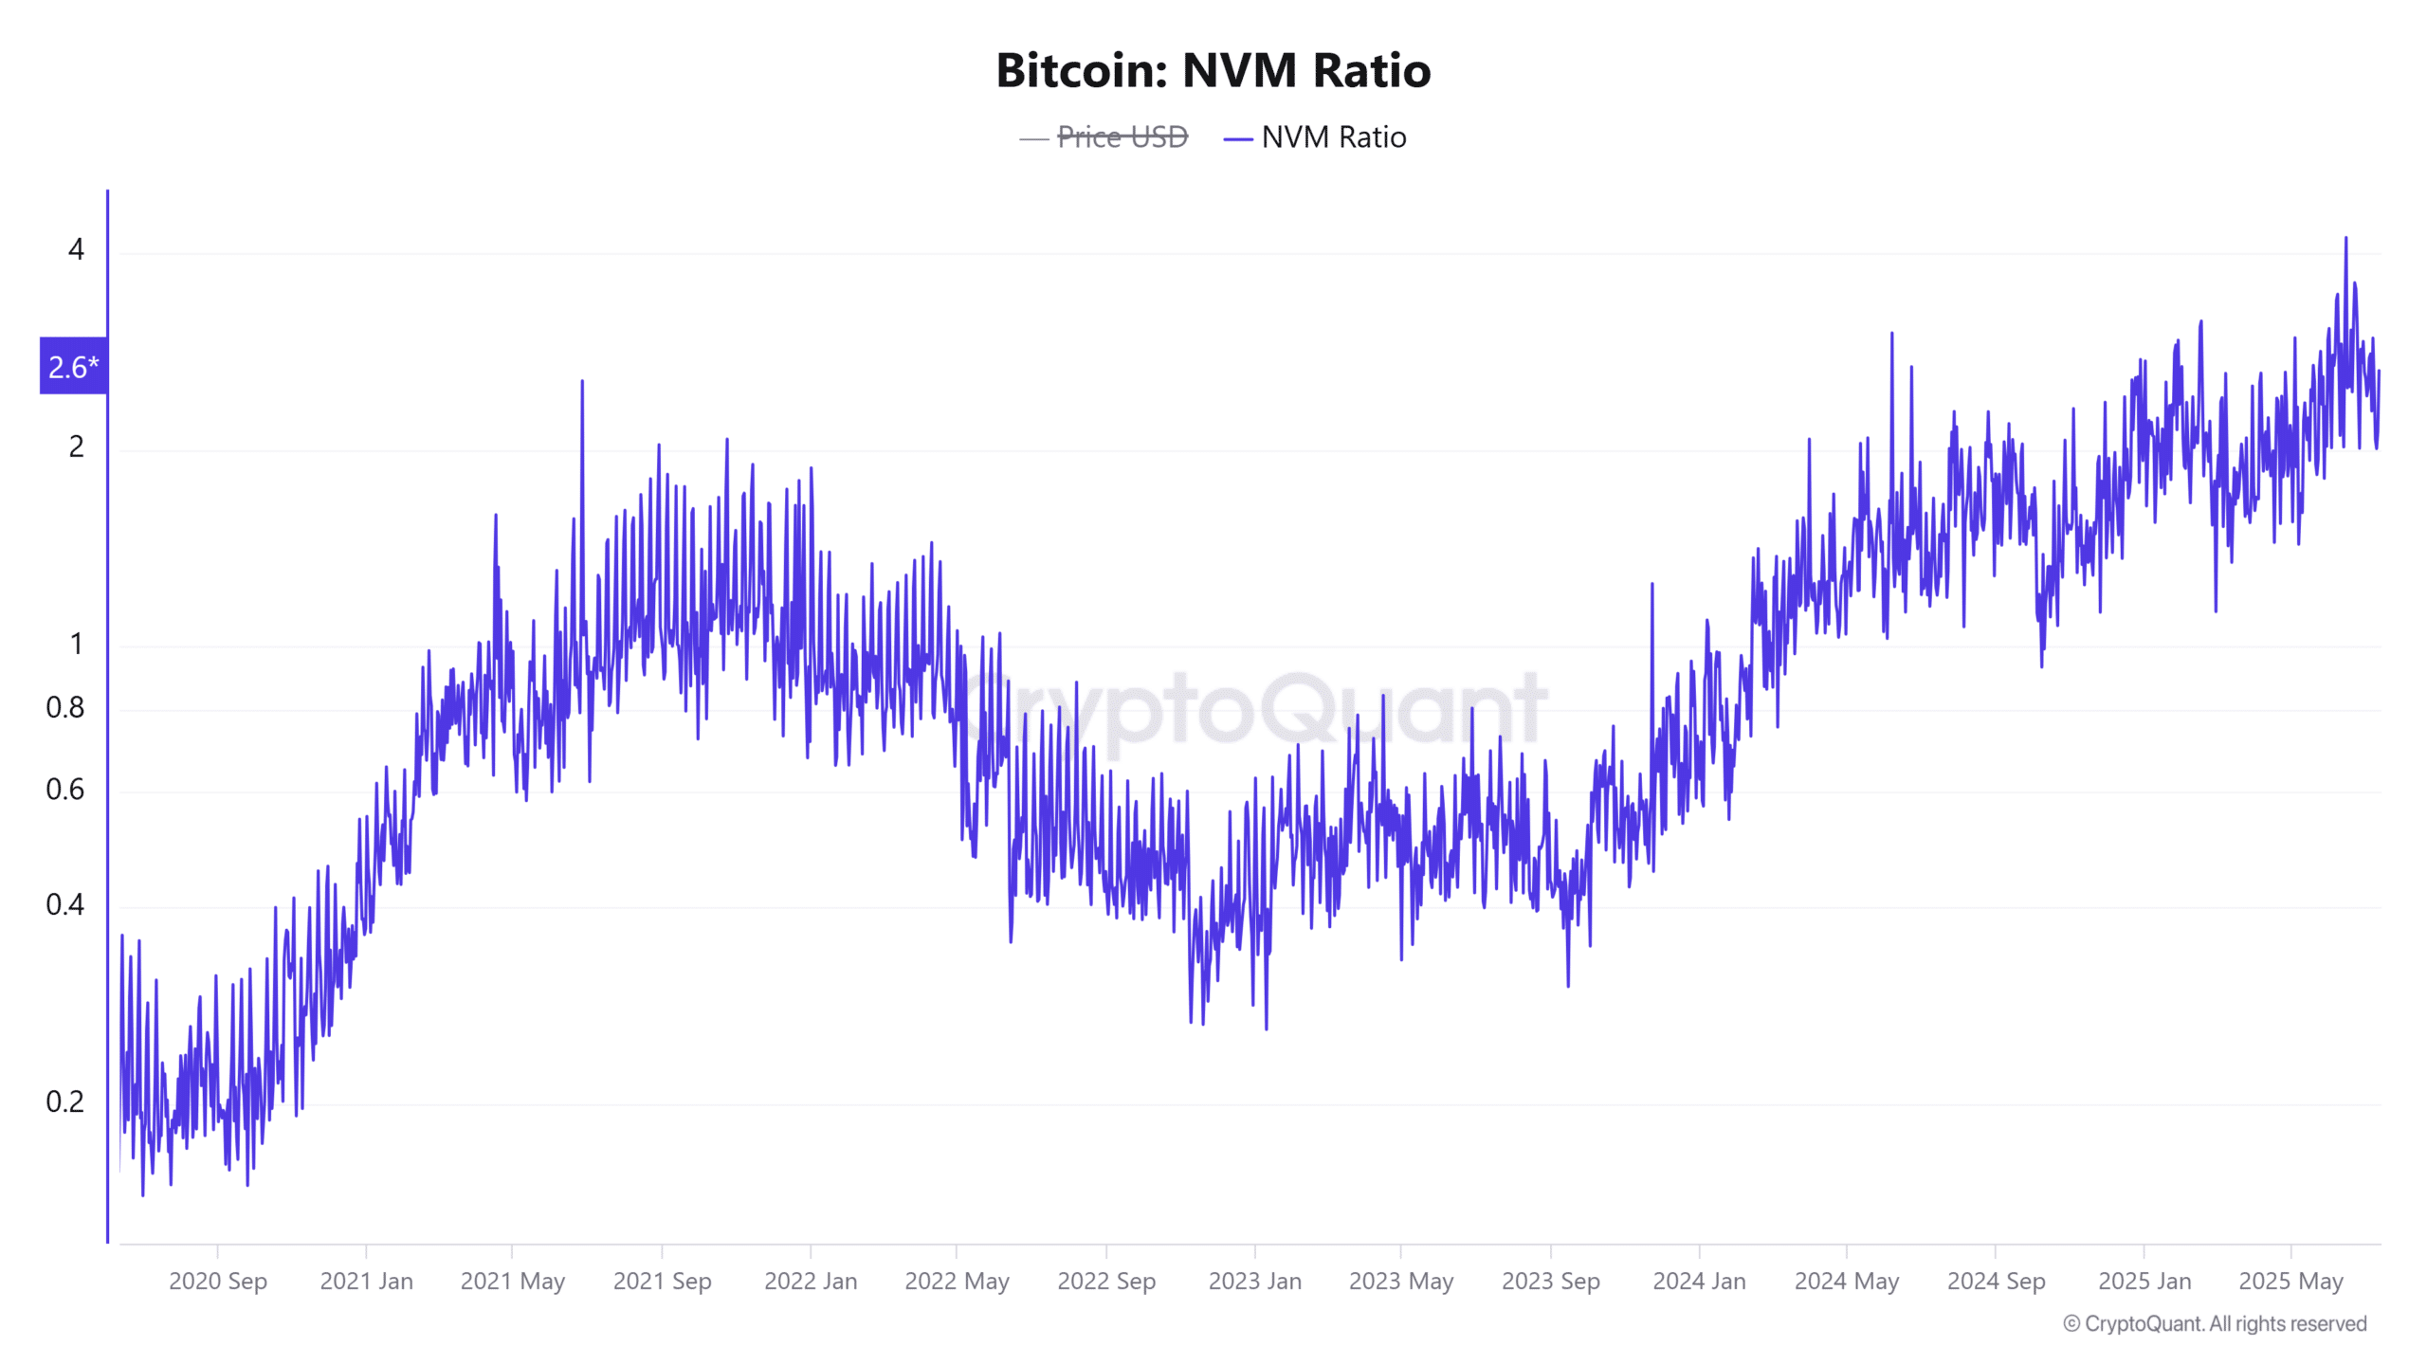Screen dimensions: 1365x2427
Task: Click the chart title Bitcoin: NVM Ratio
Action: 1213,70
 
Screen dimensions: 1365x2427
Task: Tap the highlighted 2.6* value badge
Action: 73,366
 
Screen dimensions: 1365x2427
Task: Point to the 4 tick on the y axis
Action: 76,249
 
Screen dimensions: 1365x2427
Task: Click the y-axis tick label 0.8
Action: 64,707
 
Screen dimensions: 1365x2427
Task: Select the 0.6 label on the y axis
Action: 64,789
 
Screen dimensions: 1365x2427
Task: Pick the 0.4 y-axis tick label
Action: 64,904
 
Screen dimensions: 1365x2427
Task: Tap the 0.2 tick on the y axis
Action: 64,1101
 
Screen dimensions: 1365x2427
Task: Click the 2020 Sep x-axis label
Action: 218,1281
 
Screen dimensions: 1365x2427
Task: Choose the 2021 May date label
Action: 512,1281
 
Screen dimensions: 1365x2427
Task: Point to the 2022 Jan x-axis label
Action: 811,1281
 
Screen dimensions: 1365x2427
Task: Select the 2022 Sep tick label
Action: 1106,1281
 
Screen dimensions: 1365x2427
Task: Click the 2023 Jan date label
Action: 1254,1281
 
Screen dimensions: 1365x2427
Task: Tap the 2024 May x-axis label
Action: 1846,1281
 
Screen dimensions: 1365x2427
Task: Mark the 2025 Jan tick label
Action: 2144,1281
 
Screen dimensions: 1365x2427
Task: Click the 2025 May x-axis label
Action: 2290,1281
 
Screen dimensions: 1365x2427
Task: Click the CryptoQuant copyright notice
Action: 2215,1323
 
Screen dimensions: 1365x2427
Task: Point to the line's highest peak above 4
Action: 2346,239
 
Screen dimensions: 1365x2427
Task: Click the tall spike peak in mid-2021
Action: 582,382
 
